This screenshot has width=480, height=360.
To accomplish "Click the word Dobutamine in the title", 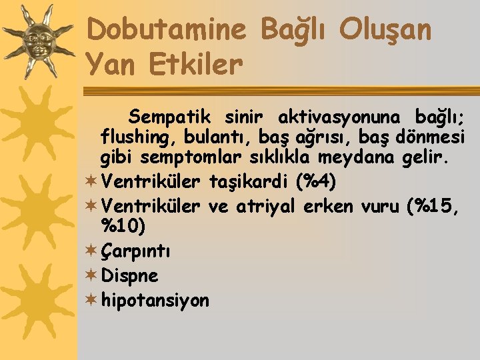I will (167, 29).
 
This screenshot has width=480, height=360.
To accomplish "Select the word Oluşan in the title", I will (385, 29).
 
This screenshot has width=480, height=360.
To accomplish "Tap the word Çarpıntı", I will (136, 252).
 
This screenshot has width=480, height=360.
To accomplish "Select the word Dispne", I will (129, 275).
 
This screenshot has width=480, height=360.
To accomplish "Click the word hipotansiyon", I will (155, 301).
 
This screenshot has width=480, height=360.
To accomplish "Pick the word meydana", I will (366, 158).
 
